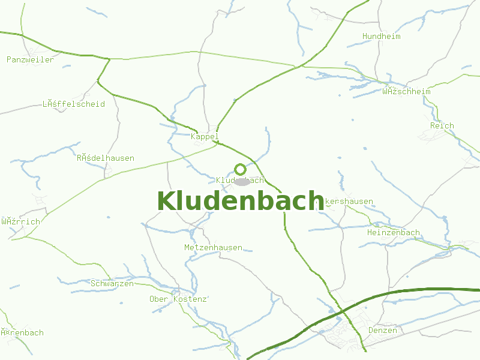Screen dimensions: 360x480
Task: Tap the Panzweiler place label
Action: coord(30,59)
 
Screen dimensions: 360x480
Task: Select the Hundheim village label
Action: coord(381,37)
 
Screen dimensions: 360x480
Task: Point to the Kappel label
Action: coord(205,137)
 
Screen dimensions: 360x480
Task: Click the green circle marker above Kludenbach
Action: coord(240,169)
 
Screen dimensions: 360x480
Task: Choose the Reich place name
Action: coord(442,126)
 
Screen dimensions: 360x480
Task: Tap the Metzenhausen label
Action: coord(213,247)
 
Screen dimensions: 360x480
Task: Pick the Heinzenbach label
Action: coord(393,232)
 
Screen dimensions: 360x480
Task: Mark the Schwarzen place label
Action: coord(112,283)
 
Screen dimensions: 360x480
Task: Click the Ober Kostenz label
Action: coord(178,299)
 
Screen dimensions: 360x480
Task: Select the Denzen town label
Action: coord(382,331)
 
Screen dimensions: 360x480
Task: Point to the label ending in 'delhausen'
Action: coord(105,158)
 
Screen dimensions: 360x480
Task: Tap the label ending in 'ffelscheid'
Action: coord(73,104)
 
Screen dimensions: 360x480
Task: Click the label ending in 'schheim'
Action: coord(406,92)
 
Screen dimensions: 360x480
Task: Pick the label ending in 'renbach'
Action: coord(22,332)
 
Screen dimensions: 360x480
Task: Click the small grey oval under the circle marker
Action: coord(242,181)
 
